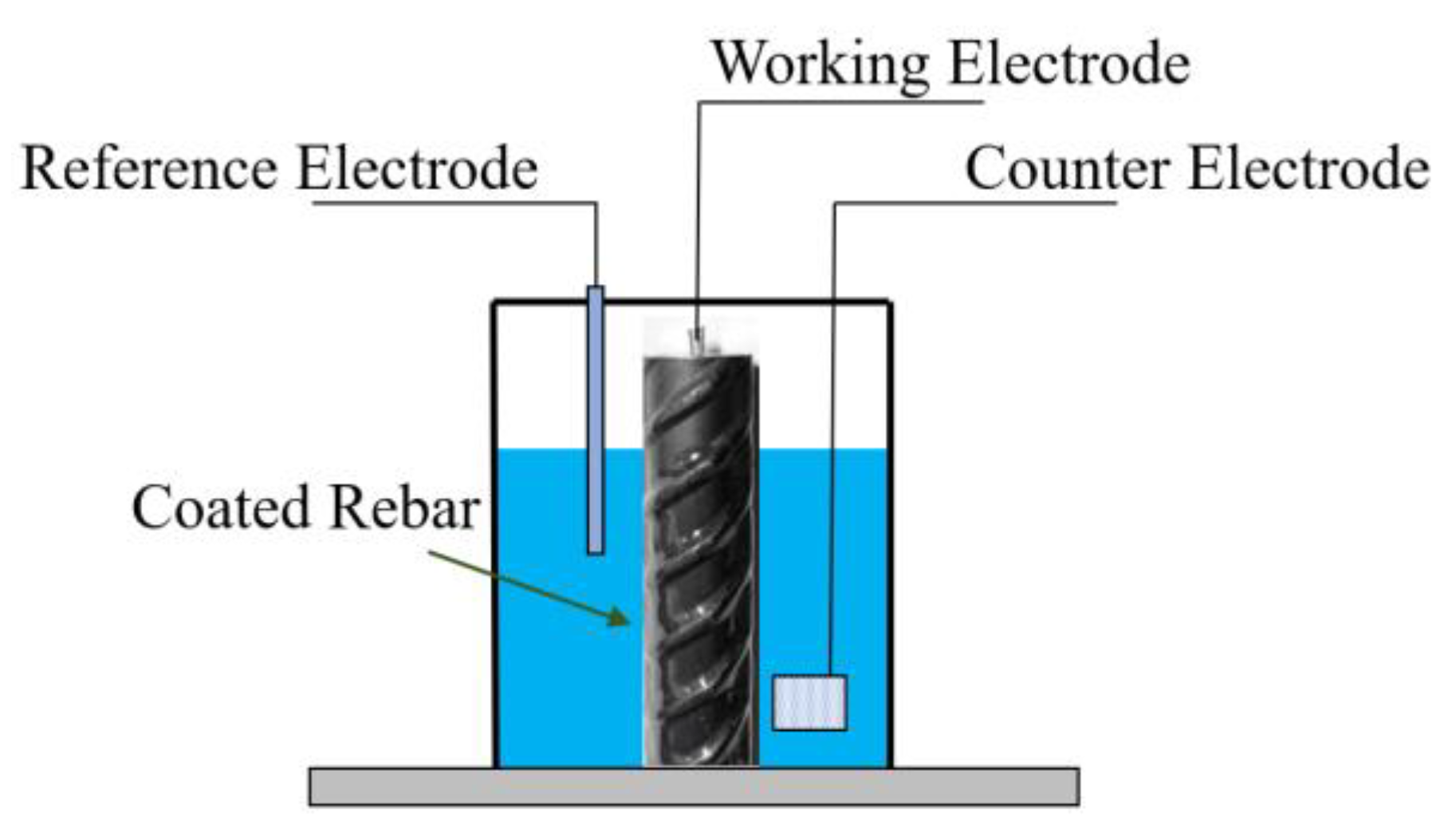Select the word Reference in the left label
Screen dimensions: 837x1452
(149, 168)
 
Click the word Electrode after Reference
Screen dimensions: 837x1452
(417, 168)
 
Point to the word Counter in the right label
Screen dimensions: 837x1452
(1066, 168)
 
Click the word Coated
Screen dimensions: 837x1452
(220, 507)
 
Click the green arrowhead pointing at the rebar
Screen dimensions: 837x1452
(617, 616)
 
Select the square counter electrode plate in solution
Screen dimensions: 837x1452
(809, 702)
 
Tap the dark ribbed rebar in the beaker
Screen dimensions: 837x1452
(700, 559)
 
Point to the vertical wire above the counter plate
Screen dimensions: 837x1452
(834, 439)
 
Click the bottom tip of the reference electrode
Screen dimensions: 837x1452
(595, 549)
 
